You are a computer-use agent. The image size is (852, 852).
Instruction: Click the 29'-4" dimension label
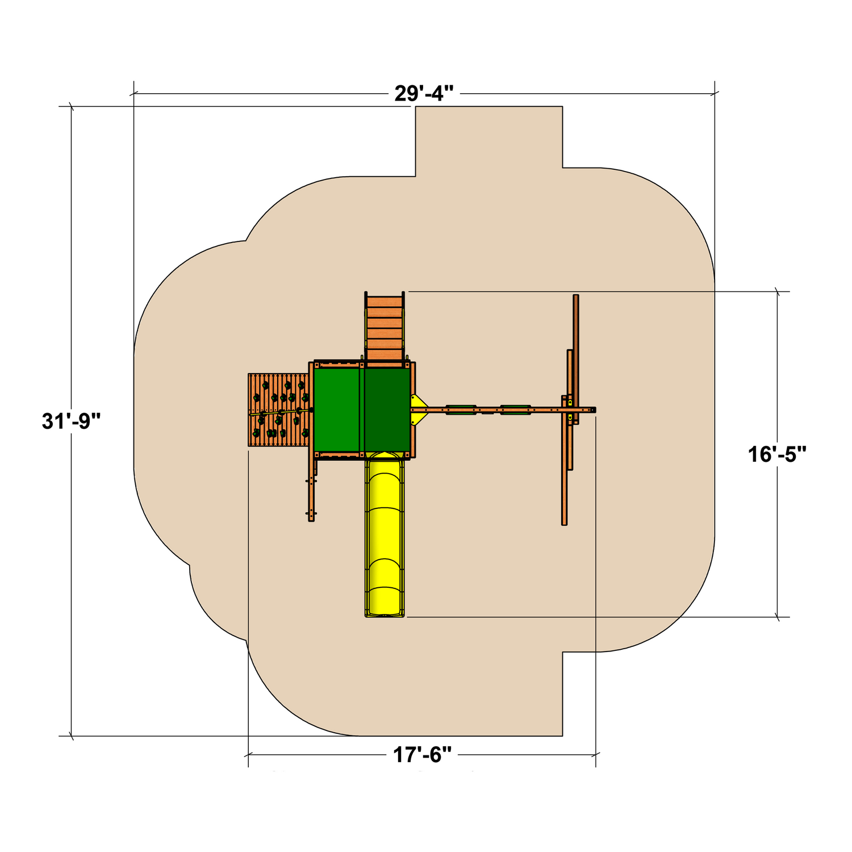tap(424, 93)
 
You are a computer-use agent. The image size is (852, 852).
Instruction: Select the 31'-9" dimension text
tap(71, 421)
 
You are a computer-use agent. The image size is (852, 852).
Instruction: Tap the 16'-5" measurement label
tap(777, 454)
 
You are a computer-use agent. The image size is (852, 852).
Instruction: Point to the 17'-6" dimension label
tap(423, 755)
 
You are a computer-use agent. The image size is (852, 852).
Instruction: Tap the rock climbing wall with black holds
tap(279, 410)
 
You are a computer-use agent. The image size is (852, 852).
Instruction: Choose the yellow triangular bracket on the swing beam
tap(418, 410)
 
